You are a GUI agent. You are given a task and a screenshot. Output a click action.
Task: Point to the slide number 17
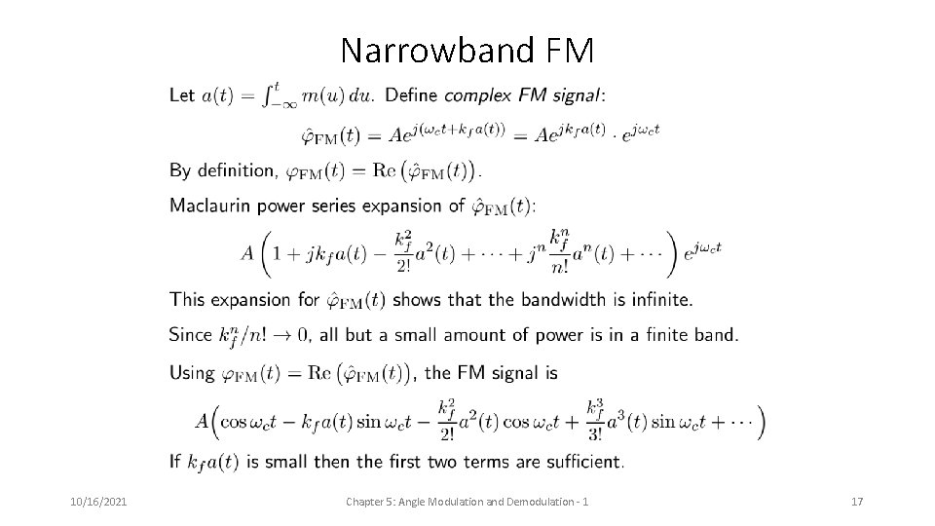point(857,501)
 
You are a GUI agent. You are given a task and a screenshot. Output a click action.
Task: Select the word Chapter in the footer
point(369,501)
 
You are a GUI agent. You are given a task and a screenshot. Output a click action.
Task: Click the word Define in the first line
point(412,95)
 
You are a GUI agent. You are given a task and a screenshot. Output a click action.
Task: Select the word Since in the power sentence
point(191,335)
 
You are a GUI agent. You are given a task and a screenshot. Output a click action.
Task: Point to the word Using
point(192,371)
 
